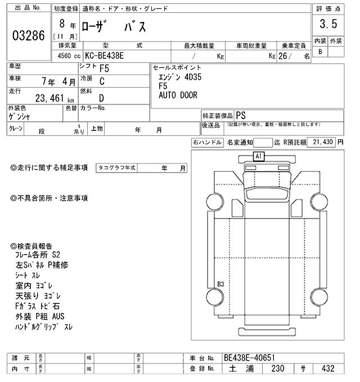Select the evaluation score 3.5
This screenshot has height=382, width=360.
[328, 24]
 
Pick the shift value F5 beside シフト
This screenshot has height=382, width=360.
[105, 69]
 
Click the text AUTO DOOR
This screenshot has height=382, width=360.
[178, 95]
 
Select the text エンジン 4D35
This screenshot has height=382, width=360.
[178, 77]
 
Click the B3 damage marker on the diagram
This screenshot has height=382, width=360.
[220, 284]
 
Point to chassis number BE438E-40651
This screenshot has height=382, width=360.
[250, 357]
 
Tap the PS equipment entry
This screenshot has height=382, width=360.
[241, 113]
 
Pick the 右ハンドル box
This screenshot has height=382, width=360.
[207, 143]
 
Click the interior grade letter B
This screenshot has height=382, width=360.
[320, 52]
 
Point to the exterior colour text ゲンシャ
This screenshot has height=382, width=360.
[20, 117]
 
